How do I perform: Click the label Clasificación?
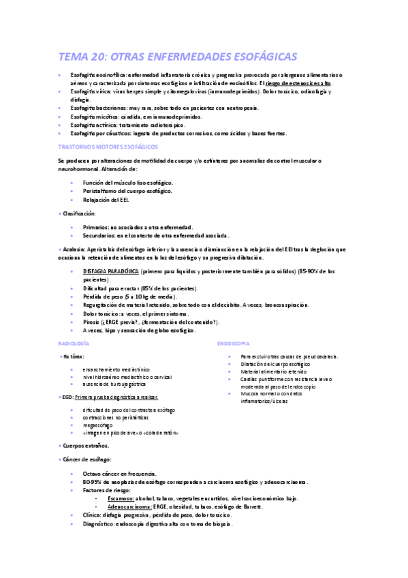point(79,213)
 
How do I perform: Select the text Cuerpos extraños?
point(84,445)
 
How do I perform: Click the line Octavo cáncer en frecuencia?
point(119,474)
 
